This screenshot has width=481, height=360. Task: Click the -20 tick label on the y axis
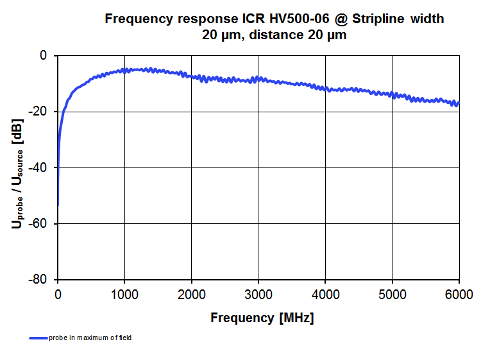(40, 112)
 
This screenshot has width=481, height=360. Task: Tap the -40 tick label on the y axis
(40, 167)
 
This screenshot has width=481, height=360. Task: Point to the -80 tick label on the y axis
(40, 280)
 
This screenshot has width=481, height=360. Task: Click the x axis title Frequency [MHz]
(262, 318)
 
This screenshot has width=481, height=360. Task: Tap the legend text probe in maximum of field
(90, 338)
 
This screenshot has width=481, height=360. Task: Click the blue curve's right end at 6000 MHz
(458, 103)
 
